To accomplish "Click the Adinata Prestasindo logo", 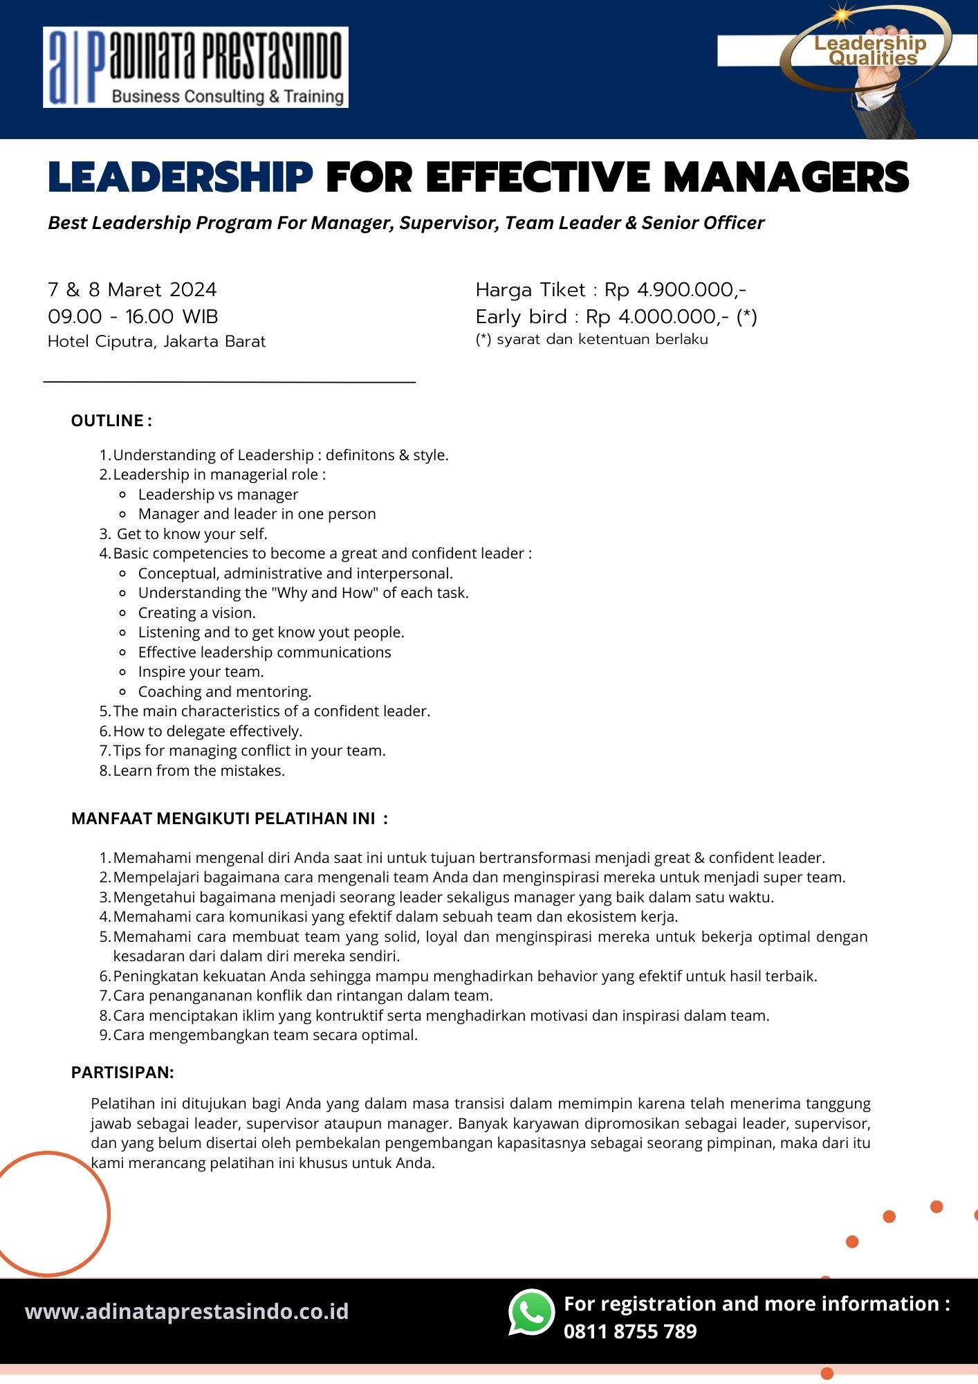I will pyautogui.click(x=195, y=67).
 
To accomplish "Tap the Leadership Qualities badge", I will pyautogui.click(x=869, y=52).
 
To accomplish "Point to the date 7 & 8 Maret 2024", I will pyautogui.click(x=132, y=289).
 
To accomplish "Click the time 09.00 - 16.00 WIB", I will pyautogui.click(x=133, y=317).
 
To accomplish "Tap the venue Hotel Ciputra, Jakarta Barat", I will pyautogui.click(x=156, y=342).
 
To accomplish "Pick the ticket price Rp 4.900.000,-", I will pyautogui.click(x=675, y=289).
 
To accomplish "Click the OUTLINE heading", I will pyautogui.click(x=111, y=421).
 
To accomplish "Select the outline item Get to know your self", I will pyautogui.click(x=192, y=534).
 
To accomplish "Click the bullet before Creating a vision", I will pyautogui.click(x=122, y=613).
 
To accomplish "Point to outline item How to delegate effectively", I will pyautogui.click(x=207, y=731).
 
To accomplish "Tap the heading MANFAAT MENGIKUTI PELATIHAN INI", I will pyautogui.click(x=229, y=819).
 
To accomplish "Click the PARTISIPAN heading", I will pyautogui.click(x=122, y=1073).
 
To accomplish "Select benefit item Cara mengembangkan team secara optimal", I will pyautogui.click(x=265, y=1035).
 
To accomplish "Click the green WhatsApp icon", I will pyautogui.click(x=531, y=1312).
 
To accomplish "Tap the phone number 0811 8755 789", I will pyautogui.click(x=630, y=1331).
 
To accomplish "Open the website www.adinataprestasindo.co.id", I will pyautogui.click(x=187, y=1312).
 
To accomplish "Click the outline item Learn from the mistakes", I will pyautogui.click(x=199, y=770).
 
